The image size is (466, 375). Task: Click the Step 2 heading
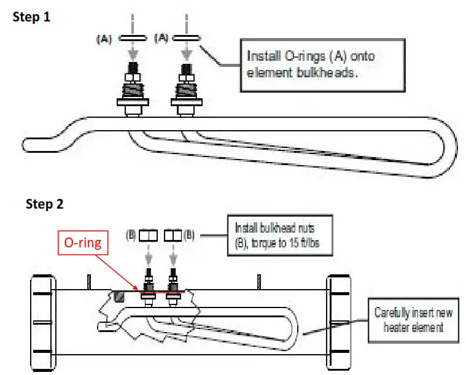click(x=44, y=204)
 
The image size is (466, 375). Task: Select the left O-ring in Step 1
click(x=130, y=37)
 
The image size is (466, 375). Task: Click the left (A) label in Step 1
click(x=104, y=38)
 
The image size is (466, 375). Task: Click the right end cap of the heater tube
click(x=339, y=322)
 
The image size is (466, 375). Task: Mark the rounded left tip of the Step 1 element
click(x=31, y=145)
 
